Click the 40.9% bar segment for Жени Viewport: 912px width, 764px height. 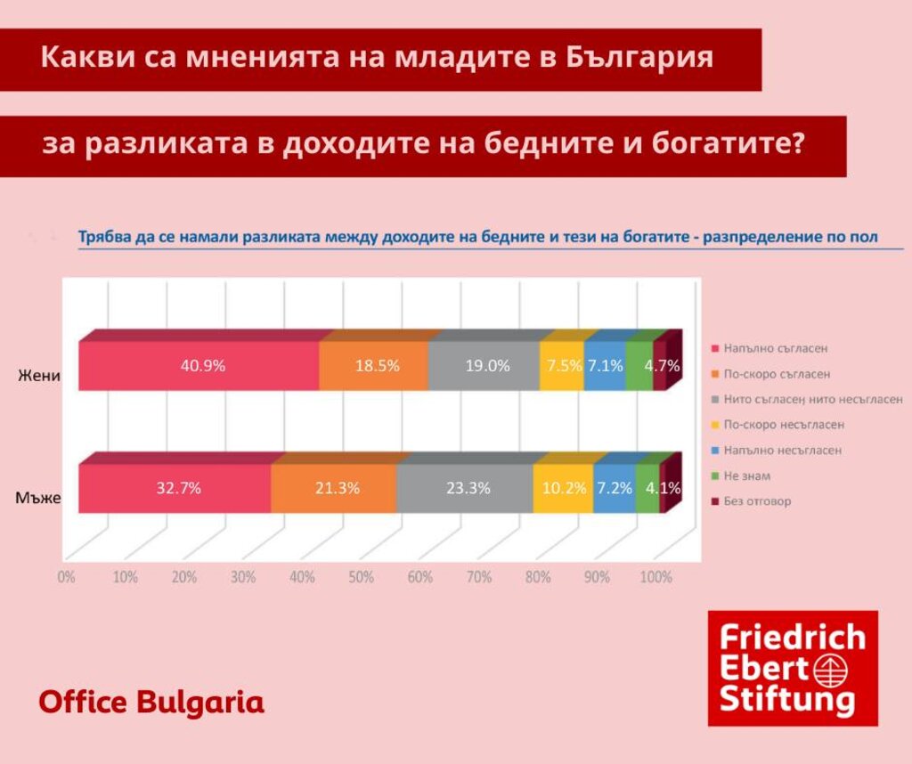point(199,366)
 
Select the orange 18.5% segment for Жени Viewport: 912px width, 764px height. point(374,366)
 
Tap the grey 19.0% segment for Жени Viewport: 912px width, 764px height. point(484,366)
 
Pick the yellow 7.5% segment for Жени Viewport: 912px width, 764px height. point(562,366)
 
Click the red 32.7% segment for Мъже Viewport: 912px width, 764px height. point(175,489)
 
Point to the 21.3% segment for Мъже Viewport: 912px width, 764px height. point(334,489)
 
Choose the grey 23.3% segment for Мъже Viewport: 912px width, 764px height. point(465,489)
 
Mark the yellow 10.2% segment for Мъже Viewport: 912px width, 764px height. point(563,489)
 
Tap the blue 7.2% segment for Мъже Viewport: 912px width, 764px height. point(615,489)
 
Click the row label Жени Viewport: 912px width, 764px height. point(40,375)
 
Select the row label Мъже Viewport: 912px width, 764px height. point(38,498)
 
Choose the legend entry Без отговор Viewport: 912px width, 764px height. point(757,501)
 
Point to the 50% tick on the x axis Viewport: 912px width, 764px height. point(361,577)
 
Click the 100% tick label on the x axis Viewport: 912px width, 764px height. point(656,577)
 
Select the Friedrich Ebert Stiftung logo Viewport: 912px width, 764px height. point(793,668)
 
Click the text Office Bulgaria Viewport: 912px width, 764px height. point(151,702)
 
